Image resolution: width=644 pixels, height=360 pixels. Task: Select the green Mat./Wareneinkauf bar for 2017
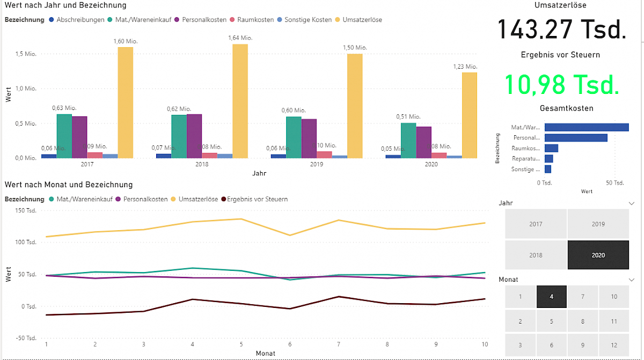(64, 136)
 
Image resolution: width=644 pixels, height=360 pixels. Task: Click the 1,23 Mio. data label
(464, 67)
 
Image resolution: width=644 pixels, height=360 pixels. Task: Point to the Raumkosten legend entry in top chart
(252, 20)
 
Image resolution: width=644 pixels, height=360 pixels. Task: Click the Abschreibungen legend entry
(80, 20)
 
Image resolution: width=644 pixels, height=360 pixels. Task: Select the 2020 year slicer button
(598, 255)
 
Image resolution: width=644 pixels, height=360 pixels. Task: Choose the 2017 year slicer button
(536, 224)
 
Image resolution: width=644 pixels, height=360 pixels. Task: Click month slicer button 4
(551, 297)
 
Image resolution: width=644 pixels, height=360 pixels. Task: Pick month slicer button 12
(614, 346)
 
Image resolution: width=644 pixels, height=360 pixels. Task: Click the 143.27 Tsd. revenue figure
(561, 29)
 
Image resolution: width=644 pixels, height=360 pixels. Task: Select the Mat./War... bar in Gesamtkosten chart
(587, 128)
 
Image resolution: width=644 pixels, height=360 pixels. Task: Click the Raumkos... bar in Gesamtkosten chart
(551, 148)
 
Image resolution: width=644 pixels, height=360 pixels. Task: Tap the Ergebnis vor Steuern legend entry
(257, 199)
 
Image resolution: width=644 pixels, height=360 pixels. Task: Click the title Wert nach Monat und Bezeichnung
(68, 185)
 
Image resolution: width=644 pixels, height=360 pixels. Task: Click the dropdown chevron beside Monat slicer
(631, 280)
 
